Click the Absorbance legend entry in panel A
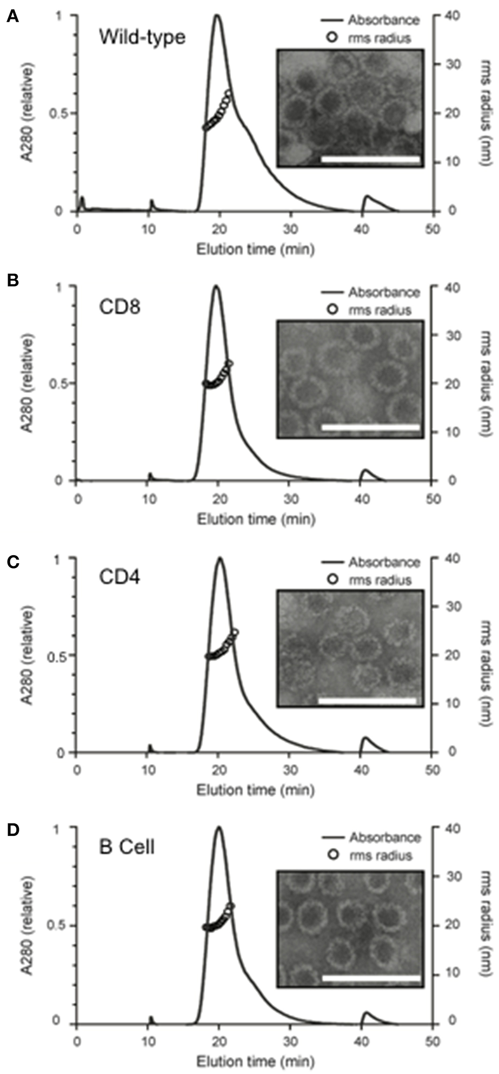coord(383,21)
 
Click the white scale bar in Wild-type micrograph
coord(370,159)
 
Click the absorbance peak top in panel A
coord(217,16)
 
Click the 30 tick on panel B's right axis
coord(447,335)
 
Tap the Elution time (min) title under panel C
coord(255,790)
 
